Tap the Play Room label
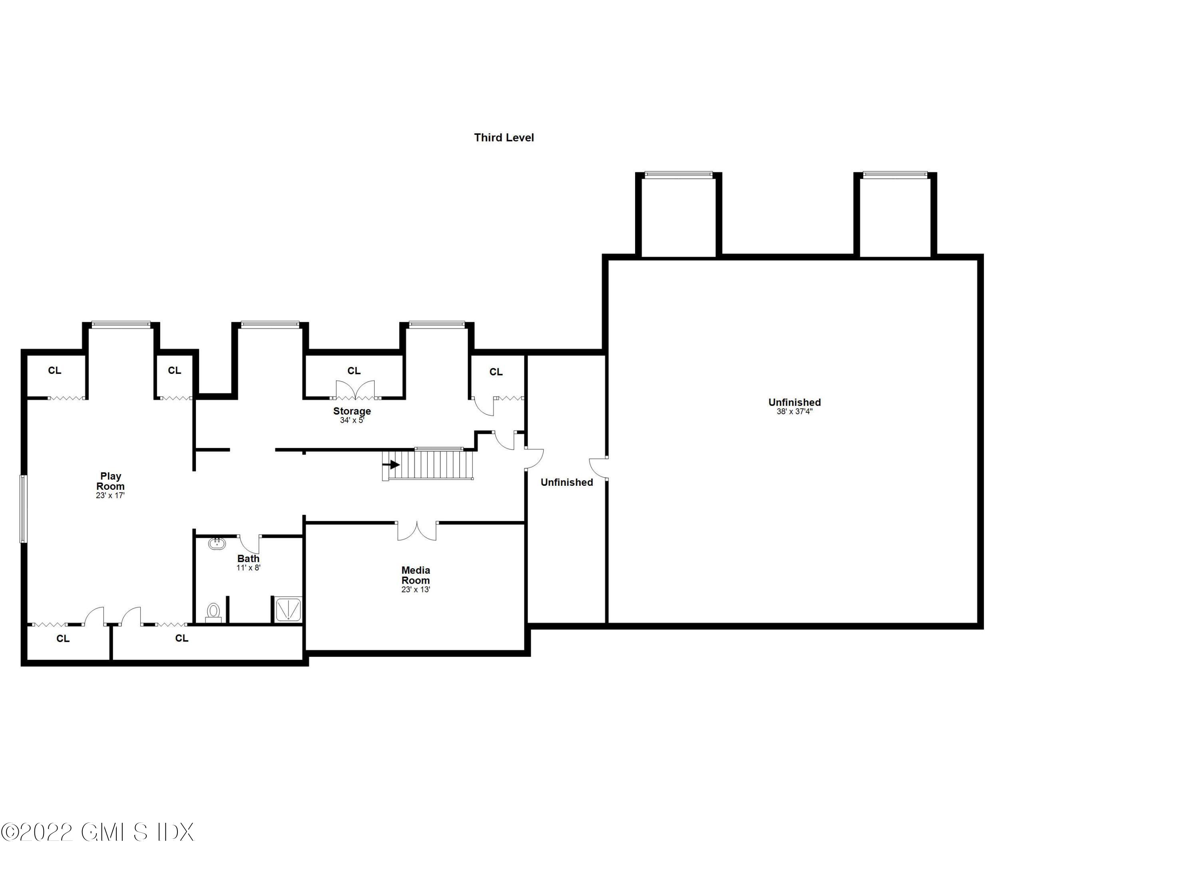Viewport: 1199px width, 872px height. [110, 482]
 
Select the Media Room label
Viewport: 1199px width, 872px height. [416, 575]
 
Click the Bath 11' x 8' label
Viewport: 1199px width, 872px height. [249, 562]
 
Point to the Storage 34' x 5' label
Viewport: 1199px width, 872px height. [352, 415]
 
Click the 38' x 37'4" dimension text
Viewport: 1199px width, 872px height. [794, 411]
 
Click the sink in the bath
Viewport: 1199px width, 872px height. [217, 543]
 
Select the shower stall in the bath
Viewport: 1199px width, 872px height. [288, 609]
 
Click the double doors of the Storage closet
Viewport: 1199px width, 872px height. [355, 390]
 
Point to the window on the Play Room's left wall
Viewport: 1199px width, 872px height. [23, 509]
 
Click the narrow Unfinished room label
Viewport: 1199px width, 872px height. [566, 482]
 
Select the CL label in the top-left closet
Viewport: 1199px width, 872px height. [54, 371]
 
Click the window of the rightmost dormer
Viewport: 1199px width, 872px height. [894, 174]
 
